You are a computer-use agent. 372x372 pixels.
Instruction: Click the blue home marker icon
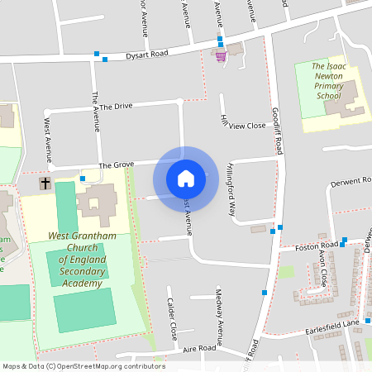click(x=185, y=178)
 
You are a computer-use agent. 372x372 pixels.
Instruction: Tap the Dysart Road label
click(x=146, y=55)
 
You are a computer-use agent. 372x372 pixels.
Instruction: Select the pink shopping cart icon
click(x=221, y=56)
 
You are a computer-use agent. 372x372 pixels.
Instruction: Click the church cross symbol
click(x=45, y=183)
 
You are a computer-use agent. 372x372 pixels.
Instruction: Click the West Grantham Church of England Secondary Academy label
click(x=80, y=259)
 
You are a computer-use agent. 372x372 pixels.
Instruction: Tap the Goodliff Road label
click(x=277, y=131)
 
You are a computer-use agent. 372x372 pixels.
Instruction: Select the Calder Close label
click(x=172, y=319)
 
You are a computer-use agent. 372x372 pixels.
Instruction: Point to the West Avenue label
click(x=48, y=135)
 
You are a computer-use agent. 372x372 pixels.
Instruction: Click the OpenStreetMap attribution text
click(x=83, y=366)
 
